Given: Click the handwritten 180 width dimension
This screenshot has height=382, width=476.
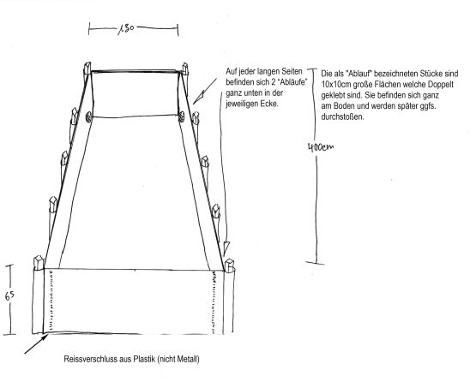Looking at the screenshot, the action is (x=126, y=29).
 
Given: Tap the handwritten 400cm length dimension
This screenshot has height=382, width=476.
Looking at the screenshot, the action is (x=321, y=147).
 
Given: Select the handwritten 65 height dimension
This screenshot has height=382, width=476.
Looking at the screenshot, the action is (x=9, y=295).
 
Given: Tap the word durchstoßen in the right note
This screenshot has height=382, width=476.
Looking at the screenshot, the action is (x=342, y=117).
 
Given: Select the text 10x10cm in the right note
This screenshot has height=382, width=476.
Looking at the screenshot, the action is (x=334, y=84).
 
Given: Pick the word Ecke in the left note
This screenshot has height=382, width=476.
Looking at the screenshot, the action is (x=269, y=104).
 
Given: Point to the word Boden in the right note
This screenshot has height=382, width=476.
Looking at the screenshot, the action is (x=344, y=106).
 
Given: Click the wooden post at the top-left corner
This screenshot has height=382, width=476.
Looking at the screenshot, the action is (x=87, y=69).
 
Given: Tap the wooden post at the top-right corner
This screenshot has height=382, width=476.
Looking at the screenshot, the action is (x=185, y=69).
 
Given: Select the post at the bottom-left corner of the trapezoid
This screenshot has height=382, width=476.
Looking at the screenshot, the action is (x=39, y=263).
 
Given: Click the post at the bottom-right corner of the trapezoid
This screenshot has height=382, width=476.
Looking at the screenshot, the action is (x=230, y=266).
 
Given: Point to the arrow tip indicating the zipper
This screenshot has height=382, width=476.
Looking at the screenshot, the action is (x=47, y=335).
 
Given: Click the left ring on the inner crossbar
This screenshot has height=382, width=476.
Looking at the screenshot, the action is (x=88, y=116).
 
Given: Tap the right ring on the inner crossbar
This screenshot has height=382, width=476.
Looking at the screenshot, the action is (x=181, y=116).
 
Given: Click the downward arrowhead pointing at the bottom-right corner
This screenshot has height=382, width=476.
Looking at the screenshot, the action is (x=226, y=248).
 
